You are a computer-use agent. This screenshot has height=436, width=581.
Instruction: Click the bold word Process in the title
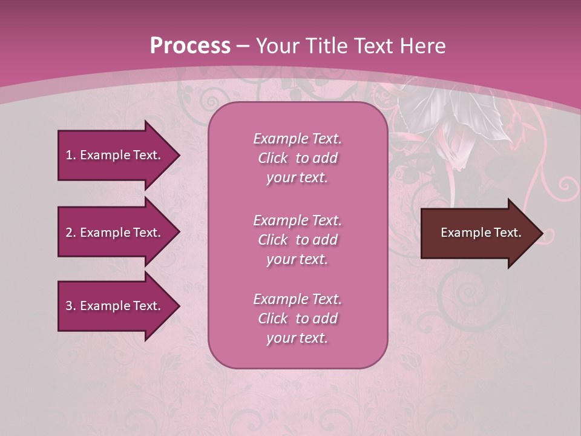[190, 45]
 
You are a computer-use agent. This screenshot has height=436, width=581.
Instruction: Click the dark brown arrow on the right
[478, 233]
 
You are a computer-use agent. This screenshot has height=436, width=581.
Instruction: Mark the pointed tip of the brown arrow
[541, 233]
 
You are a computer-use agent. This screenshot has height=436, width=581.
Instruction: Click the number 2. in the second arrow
[71, 233]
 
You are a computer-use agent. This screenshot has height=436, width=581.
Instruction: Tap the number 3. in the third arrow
[71, 306]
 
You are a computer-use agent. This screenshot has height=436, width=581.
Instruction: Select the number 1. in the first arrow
[71, 155]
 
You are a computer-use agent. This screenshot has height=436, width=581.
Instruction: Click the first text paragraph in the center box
[297, 158]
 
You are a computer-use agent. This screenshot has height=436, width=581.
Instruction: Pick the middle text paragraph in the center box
[297, 240]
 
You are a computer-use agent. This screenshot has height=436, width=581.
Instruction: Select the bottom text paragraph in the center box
[297, 319]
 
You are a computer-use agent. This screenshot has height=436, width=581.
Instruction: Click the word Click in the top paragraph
[273, 158]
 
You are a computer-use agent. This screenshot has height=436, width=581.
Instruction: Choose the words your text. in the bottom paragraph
[297, 339]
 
